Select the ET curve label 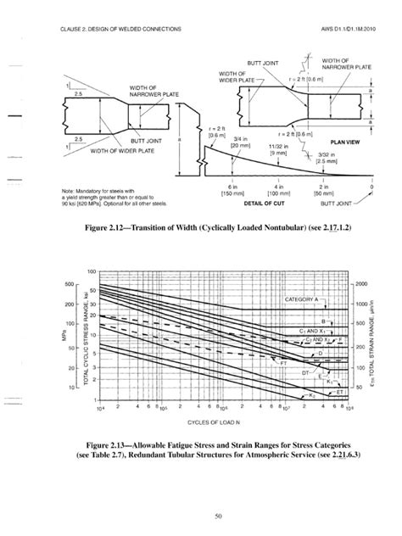tap(339, 392)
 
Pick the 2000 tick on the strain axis tap(361, 283)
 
